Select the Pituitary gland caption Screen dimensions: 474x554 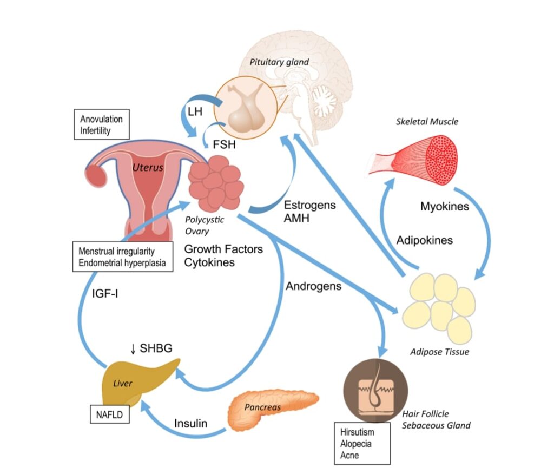[x=279, y=62]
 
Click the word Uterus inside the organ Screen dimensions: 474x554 [x=147, y=168]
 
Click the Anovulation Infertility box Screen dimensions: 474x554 [x=102, y=124]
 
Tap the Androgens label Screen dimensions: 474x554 [x=313, y=285]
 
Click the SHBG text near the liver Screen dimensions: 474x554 [x=156, y=348]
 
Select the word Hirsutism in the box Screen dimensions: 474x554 [x=357, y=432]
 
